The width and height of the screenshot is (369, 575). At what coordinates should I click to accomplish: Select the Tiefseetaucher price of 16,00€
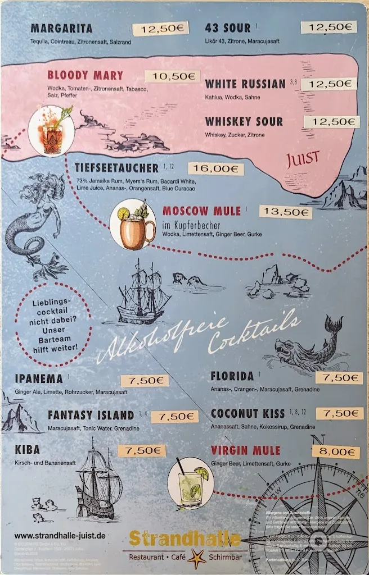pos(215,168)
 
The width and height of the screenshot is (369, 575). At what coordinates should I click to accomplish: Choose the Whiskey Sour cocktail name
pos(244,121)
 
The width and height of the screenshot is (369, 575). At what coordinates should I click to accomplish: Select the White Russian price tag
pos(328,84)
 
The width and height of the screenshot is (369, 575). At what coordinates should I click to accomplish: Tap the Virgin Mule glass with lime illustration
pos(191,482)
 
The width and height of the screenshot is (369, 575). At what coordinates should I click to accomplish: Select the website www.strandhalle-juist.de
pos(60,536)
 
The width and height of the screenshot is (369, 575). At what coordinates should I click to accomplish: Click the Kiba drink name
pos(28,450)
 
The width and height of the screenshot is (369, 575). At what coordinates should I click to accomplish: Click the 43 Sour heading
pos(228,28)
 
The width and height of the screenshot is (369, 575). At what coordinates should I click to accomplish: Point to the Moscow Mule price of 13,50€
pos(285,212)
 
